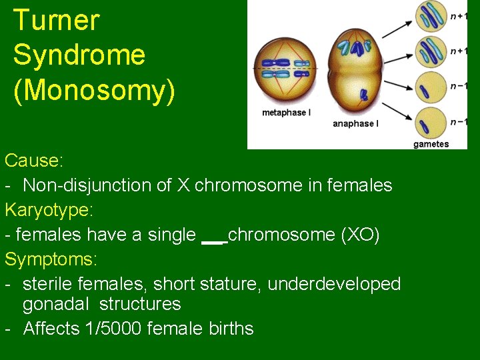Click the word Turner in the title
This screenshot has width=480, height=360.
click(56, 21)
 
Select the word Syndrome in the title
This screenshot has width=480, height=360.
click(79, 55)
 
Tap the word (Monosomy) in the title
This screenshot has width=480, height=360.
click(94, 90)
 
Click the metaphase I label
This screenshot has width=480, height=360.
click(286, 113)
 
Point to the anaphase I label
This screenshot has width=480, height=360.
click(355, 123)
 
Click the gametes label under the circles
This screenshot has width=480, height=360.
click(431, 143)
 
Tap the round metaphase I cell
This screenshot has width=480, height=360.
click(286, 67)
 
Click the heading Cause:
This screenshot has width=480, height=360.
click(34, 161)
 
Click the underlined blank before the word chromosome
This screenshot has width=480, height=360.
click(213, 237)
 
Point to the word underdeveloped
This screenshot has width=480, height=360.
click(334, 284)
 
